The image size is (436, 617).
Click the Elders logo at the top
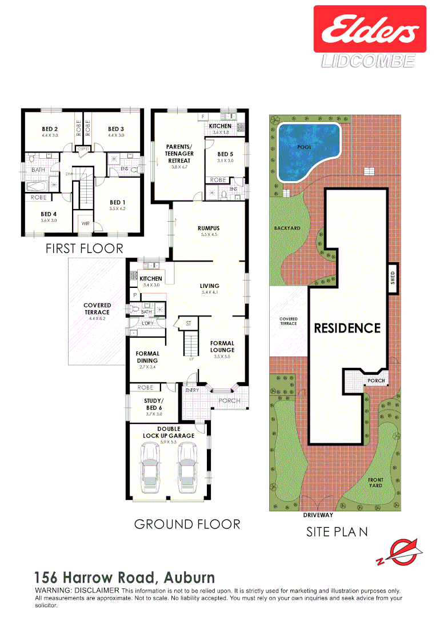click(369, 30)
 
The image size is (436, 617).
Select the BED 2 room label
click(50, 129)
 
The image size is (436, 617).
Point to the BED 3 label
click(116, 129)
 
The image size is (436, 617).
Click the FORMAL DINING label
click(147, 357)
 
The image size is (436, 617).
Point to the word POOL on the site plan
click(305, 147)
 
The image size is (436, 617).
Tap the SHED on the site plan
click(393, 278)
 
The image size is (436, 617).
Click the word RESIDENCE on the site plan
click(347, 328)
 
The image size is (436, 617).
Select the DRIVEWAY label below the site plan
click(319, 515)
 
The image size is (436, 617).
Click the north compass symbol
click(400, 553)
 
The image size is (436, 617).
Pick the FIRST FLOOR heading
click(84, 249)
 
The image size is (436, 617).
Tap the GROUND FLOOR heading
click(187, 524)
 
